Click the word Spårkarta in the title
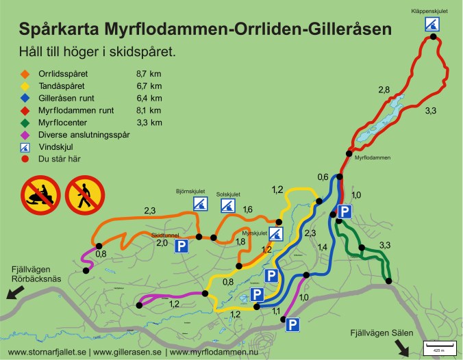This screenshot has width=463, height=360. [x=60, y=29]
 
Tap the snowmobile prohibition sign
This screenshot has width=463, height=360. [x=38, y=194]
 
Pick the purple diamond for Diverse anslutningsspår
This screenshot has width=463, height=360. [x=25, y=135]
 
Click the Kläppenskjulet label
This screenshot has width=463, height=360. [x=430, y=12]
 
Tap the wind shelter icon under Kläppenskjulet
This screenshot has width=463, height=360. [x=430, y=25]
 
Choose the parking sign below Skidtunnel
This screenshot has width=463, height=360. [x=182, y=246]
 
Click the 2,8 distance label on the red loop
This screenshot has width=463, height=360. [x=384, y=90]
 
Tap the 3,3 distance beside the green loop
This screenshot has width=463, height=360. [x=385, y=245]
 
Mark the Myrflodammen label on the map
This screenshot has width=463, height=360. [x=373, y=157]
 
